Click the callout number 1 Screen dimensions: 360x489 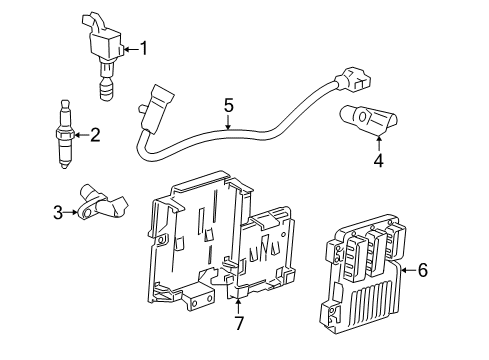click(x=143, y=47)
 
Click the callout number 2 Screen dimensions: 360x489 click(x=96, y=134)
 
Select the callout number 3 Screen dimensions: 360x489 click(x=58, y=211)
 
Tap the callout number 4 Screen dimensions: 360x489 click(x=379, y=158)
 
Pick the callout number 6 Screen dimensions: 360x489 click(x=422, y=268)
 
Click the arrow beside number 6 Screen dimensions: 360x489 click(x=406, y=268)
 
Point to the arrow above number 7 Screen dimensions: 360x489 click(x=238, y=302)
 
